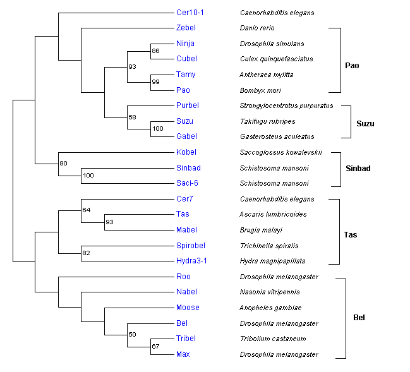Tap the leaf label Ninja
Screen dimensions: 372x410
(186, 44)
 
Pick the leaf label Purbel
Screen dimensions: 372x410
(188, 105)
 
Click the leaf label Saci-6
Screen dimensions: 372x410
(188, 183)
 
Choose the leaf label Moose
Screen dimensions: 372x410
(188, 308)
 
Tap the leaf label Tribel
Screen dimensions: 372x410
(186, 339)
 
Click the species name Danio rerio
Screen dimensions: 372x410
(258, 28)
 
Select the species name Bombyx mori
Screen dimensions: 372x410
(260, 90)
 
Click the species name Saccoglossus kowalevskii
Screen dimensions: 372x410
(281, 152)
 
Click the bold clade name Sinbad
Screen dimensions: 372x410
(358, 169)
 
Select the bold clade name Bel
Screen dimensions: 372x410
(358, 318)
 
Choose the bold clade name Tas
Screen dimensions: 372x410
(351, 235)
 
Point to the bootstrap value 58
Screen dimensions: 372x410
(133, 117)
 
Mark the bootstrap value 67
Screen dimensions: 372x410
(155, 346)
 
